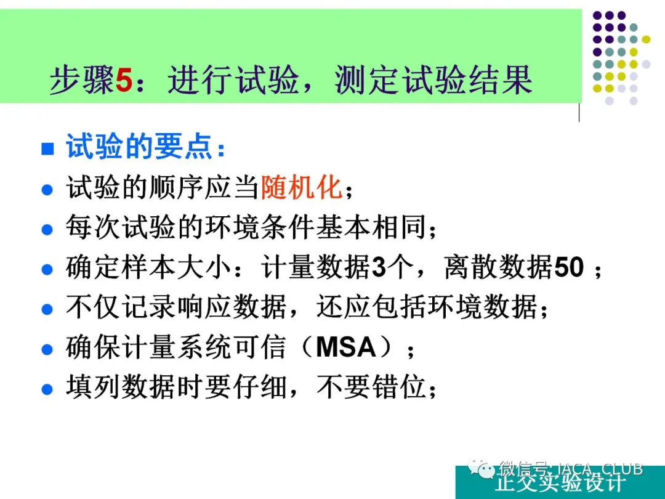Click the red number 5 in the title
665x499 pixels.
[124, 80]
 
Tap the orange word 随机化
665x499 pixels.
[302, 187]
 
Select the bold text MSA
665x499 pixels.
[346, 347]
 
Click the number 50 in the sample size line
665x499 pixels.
[569, 267]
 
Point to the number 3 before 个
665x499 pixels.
[379, 267]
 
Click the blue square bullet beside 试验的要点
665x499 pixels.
[47, 148]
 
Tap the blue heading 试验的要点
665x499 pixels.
[139, 147]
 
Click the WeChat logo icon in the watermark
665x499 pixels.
[481, 468]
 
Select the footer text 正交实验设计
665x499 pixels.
[560, 484]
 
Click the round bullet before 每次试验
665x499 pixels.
[47, 230]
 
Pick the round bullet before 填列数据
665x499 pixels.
[47, 389]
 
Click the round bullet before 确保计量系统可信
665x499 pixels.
[47, 349]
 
